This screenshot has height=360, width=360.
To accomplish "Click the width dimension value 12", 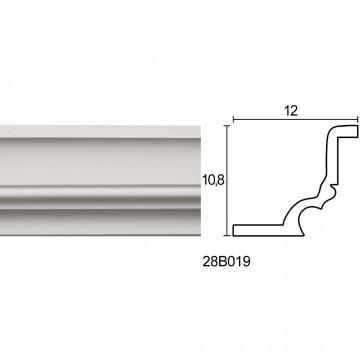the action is (291, 111).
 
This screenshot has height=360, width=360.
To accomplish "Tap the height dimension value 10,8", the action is (213, 180).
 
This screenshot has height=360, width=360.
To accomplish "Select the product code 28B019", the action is (226, 262).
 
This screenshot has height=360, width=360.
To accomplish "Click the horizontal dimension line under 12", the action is (295, 119).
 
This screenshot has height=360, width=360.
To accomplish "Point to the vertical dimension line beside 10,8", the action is (227, 180).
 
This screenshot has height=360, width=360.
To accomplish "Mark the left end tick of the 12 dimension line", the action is (233, 119).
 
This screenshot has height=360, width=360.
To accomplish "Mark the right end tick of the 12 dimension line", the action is (358, 119).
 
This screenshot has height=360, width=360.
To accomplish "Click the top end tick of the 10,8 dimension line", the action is (227, 126).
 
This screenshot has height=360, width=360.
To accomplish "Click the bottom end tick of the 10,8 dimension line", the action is (227, 235).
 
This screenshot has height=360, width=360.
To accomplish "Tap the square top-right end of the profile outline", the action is (353, 131).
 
